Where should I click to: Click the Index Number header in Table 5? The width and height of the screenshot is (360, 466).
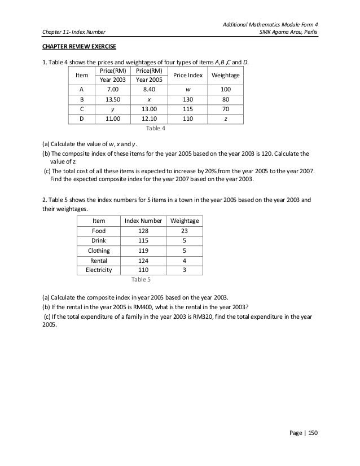(x=143, y=221)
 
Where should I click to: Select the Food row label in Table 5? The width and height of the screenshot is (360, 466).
(x=99, y=231)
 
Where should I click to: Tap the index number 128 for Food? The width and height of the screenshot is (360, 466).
(x=143, y=231)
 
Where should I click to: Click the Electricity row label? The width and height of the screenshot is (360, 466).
(x=99, y=270)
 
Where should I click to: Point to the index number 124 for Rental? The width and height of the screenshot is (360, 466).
(x=143, y=260)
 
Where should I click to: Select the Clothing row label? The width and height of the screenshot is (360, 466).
(x=99, y=250)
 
